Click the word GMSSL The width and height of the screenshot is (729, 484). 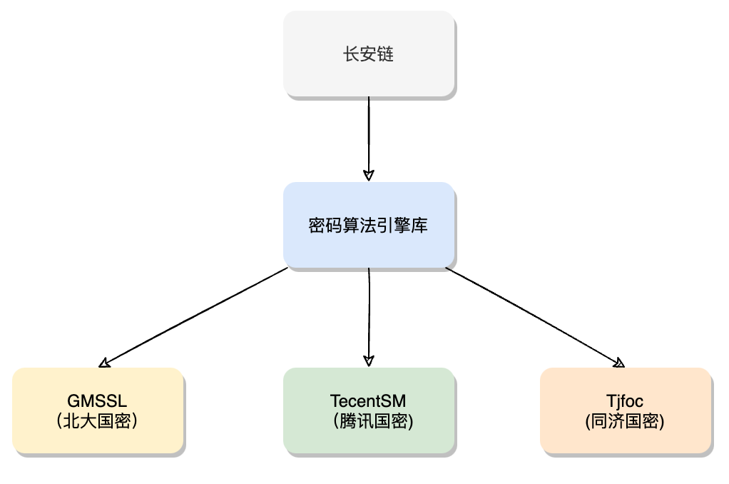(98, 400)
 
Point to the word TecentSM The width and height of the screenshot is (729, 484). (368, 400)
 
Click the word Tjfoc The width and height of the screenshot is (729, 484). (625, 400)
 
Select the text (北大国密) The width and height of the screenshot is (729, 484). (98, 421)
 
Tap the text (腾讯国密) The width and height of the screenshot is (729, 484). (368, 421)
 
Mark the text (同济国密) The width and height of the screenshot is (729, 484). (625, 421)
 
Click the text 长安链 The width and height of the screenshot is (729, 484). (369, 54)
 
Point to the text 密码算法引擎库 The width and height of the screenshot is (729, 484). (369, 226)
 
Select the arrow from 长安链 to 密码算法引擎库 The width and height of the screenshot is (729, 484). (369, 136)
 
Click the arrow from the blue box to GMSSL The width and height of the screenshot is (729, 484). (196, 315)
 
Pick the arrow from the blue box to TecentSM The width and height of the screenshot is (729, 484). (369, 314)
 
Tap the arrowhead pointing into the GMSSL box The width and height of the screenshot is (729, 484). (105, 363)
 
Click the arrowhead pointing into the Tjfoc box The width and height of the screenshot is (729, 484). (620, 363)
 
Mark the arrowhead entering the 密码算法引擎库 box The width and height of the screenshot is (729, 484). (369, 175)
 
